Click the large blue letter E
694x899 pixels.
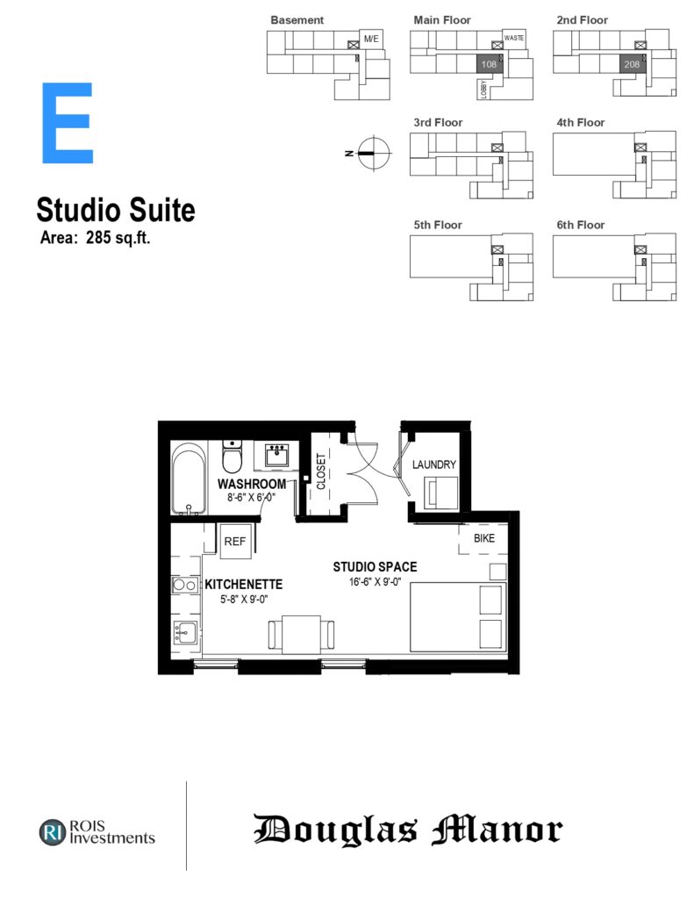click(67, 123)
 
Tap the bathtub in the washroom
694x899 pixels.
click(189, 478)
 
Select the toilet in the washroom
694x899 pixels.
click(233, 457)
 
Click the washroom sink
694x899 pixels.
click(277, 456)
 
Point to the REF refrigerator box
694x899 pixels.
click(235, 541)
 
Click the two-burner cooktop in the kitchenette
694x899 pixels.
click(184, 585)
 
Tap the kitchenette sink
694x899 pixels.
click(185, 633)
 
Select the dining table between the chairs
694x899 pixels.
click(302, 635)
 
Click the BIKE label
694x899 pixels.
click(484, 538)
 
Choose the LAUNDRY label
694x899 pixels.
click(433, 464)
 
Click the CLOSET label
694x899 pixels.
click(321, 471)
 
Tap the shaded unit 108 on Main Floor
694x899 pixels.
click(490, 64)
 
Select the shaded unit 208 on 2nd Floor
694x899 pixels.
click(632, 64)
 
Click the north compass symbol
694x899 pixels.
click(374, 153)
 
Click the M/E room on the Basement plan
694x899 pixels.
click(371, 39)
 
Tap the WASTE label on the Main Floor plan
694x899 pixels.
click(514, 38)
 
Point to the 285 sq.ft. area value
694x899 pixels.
click(118, 237)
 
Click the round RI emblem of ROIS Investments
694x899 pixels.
click(53, 832)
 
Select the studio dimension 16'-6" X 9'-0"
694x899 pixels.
click(375, 582)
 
